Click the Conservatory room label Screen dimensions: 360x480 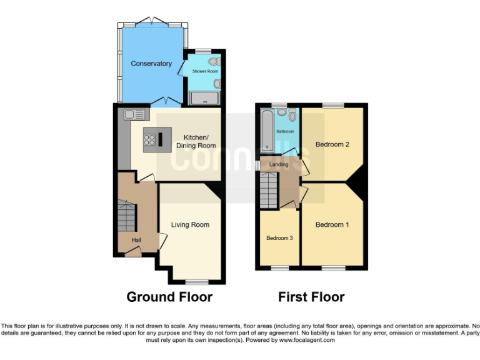[x=151, y=63]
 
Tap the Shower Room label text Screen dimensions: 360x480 [x=201, y=72]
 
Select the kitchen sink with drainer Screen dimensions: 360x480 [x=134, y=114]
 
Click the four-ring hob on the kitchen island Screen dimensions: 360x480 [x=150, y=140]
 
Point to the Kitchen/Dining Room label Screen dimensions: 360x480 [x=196, y=141]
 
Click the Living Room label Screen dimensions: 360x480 [x=190, y=225]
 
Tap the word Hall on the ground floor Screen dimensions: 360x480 [x=136, y=240]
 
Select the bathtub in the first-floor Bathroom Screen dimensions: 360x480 [x=267, y=130]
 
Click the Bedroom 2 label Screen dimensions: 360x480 [x=332, y=144]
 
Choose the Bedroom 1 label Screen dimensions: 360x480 [x=332, y=225]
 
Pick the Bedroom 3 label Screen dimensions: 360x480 [x=279, y=238]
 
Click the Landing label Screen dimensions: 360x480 [x=278, y=165]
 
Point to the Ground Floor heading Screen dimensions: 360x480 [x=169, y=297]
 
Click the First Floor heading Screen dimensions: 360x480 [x=311, y=297]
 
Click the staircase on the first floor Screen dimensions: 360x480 [x=268, y=190]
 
